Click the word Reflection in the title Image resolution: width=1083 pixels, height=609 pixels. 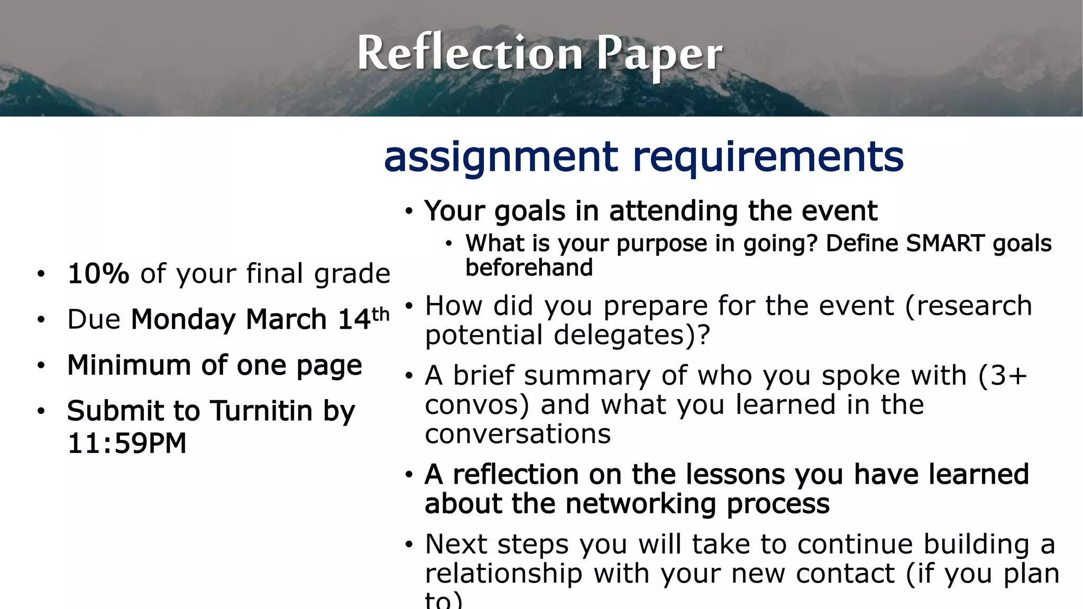[x=470, y=53]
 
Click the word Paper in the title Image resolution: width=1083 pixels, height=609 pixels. [x=659, y=54]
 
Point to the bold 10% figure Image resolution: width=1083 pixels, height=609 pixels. [x=98, y=273]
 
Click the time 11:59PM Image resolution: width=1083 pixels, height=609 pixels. [x=127, y=443]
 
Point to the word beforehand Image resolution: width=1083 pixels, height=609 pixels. [x=529, y=267]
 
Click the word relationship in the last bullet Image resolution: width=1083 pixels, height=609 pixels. [x=503, y=574]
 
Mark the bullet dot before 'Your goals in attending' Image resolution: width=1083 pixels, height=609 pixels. [x=408, y=211]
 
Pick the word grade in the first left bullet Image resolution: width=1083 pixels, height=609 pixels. [x=352, y=274]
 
